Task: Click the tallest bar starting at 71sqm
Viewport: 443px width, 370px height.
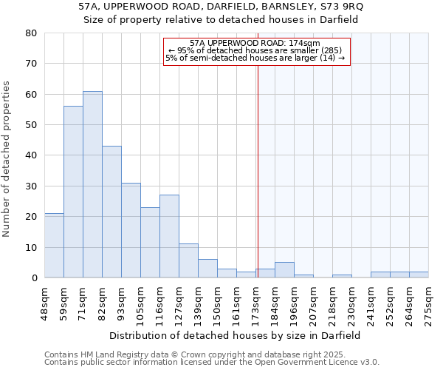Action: [92, 184]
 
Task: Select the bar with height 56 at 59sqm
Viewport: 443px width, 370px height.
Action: [73, 192]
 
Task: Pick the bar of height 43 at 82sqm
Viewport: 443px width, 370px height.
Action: [111, 212]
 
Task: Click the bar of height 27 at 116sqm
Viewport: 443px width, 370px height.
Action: [169, 236]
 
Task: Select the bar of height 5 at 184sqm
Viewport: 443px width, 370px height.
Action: [284, 270]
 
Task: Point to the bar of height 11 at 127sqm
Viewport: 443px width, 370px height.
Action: [188, 260]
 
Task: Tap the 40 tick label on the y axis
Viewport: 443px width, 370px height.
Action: [31, 155]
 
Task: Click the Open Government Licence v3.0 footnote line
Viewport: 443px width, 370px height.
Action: [212, 362]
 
